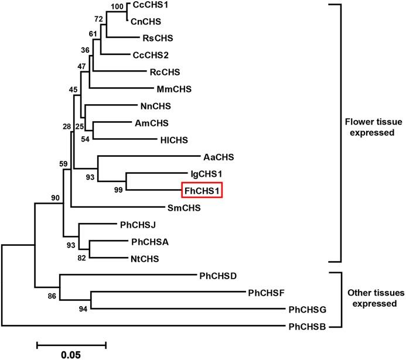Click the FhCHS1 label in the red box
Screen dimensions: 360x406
(x=203, y=190)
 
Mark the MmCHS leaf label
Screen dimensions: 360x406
(x=173, y=90)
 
